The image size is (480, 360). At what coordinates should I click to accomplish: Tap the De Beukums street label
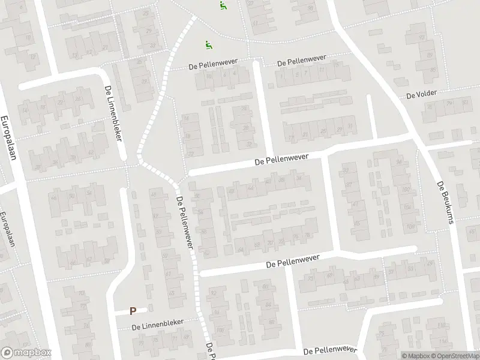(444, 203)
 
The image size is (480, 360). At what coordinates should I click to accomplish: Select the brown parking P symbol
(133, 311)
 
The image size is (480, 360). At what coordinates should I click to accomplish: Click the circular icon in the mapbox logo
(8, 352)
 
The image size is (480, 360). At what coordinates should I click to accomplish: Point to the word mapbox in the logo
(31, 353)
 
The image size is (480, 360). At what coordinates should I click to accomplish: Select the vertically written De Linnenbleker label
(113, 113)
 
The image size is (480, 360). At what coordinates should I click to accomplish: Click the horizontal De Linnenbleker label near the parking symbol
(158, 325)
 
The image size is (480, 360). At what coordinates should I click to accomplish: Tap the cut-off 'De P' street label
(209, 352)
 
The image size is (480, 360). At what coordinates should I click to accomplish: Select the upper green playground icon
(223, 7)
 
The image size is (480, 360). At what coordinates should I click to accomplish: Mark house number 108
(410, 226)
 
